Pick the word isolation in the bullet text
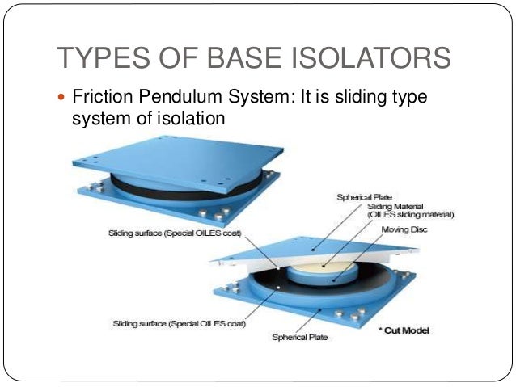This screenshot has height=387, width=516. click(191, 119)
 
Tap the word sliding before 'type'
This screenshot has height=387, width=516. click(357, 98)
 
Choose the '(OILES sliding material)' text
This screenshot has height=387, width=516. click(411, 215)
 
